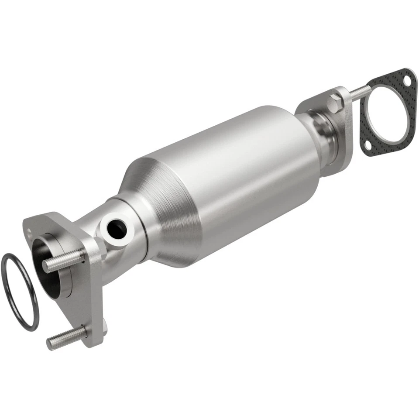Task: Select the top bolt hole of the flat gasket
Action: [407, 81]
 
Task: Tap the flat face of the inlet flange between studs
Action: [87, 301]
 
